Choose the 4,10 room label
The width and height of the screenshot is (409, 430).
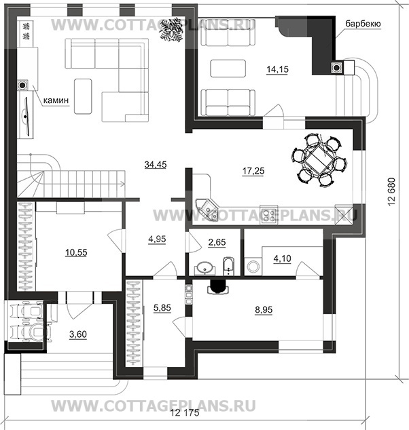pos(281,258)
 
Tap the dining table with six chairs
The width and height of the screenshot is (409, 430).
pos(317,161)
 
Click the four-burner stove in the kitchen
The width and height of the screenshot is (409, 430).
pos(269,215)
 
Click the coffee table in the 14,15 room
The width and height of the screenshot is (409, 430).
pos(227,69)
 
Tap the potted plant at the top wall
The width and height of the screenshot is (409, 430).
pos(168,31)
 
